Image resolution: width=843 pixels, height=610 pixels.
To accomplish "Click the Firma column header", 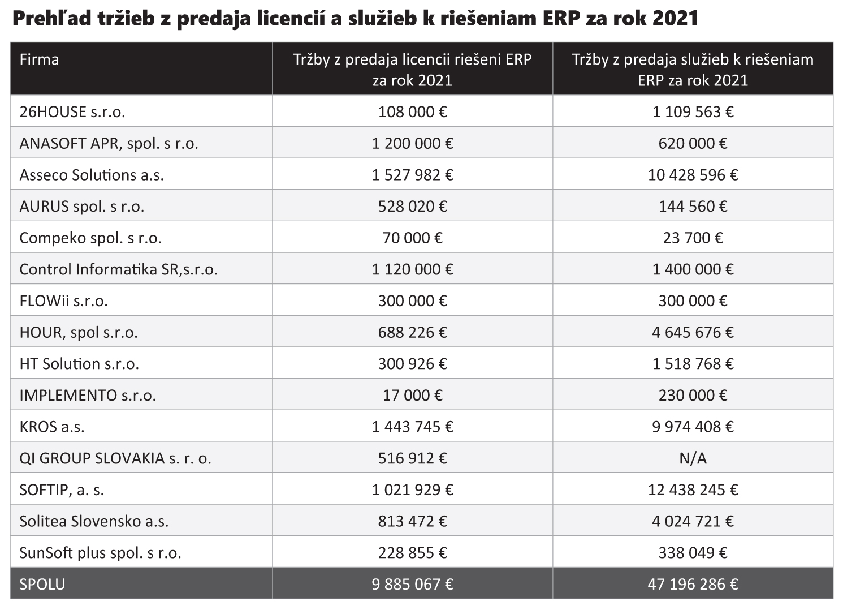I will (39, 59).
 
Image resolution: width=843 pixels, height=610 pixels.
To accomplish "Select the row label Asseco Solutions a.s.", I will (92, 175).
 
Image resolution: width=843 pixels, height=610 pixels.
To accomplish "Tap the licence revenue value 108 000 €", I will (412, 112).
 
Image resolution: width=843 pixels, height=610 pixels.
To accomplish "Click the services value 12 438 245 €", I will (693, 489).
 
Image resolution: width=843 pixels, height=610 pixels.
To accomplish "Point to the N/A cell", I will (693, 458).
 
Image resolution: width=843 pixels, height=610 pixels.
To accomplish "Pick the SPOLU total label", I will (42, 584).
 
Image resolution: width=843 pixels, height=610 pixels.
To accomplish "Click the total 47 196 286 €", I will (693, 584).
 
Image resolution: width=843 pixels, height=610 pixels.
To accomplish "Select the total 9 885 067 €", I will (412, 584).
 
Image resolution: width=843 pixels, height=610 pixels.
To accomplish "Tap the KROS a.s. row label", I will (52, 427).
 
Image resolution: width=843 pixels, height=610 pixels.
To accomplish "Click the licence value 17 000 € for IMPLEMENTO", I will (412, 395).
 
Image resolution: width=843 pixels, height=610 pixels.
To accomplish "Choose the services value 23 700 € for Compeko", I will (693, 238).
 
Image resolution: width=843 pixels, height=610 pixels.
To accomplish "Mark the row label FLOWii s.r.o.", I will (63, 300).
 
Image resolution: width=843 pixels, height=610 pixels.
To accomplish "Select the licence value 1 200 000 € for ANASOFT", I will (412, 143).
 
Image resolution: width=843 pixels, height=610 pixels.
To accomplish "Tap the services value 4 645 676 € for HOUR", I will (693, 332).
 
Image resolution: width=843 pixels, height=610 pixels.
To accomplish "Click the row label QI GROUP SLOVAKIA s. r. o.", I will (115, 458).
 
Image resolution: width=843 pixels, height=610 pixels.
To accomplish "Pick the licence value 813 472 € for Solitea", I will (412, 521).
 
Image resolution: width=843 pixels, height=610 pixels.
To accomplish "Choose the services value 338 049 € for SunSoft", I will (693, 552).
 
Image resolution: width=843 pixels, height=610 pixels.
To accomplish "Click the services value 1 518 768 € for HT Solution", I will (693, 363).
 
